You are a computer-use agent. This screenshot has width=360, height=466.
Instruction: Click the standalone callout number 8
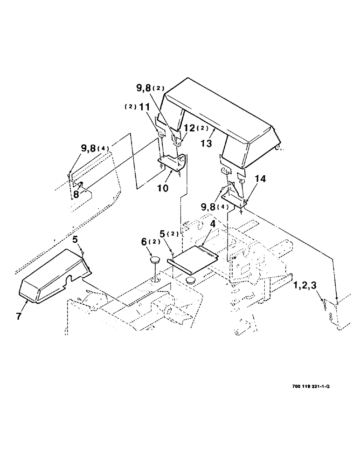click(75, 194)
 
